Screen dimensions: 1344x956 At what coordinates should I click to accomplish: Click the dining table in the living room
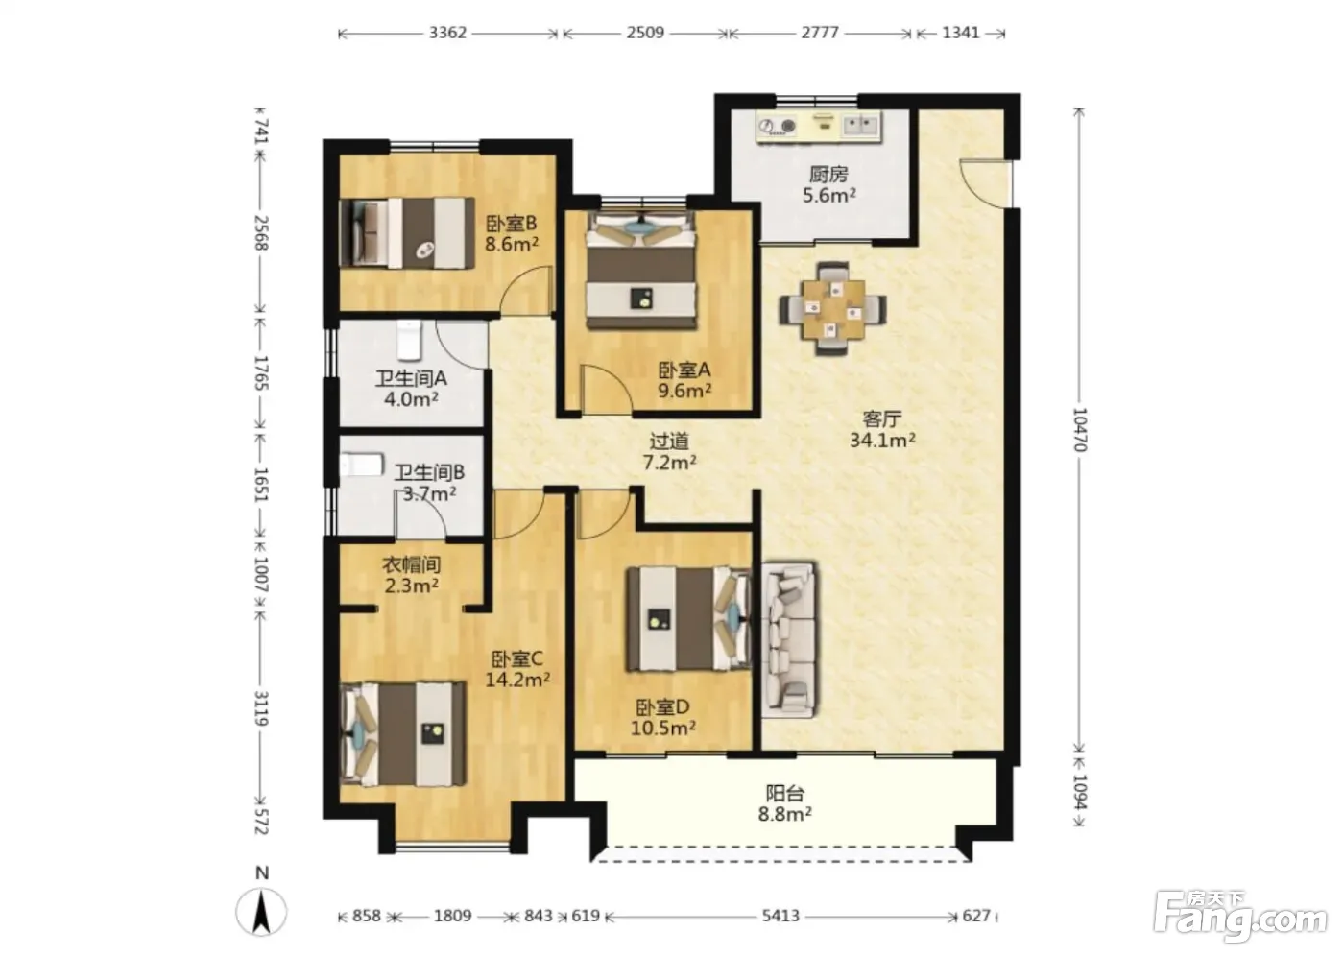(x=833, y=309)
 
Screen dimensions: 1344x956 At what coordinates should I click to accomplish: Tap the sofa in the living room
(x=789, y=640)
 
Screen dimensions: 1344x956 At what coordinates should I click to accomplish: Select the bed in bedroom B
(x=407, y=232)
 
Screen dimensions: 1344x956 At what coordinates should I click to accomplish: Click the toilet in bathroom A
(x=411, y=340)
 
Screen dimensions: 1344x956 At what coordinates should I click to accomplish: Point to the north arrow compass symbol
(x=261, y=911)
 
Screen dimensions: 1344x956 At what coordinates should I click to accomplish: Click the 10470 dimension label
(x=1079, y=429)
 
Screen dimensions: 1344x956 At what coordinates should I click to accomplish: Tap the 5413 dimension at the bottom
(x=780, y=916)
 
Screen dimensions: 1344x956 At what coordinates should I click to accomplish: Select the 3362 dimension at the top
(x=447, y=33)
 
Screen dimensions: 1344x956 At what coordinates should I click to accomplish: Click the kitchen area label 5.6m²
(x=829, y=195)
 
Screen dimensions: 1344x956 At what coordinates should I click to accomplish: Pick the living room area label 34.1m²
(x=882, y=441)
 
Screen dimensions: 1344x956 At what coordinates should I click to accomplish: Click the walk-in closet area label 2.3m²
(x=411, y=586)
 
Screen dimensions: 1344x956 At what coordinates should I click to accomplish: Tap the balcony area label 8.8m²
(x=785, y=815)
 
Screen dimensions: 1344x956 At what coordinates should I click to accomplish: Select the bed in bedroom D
(x=689, y=619)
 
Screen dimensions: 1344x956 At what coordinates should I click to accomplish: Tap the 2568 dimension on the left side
(x=261, y=232)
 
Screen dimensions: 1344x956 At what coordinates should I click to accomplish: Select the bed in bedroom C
(x=402, y=733)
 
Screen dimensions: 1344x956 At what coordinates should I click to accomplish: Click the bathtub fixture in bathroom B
(x=362, y=466)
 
